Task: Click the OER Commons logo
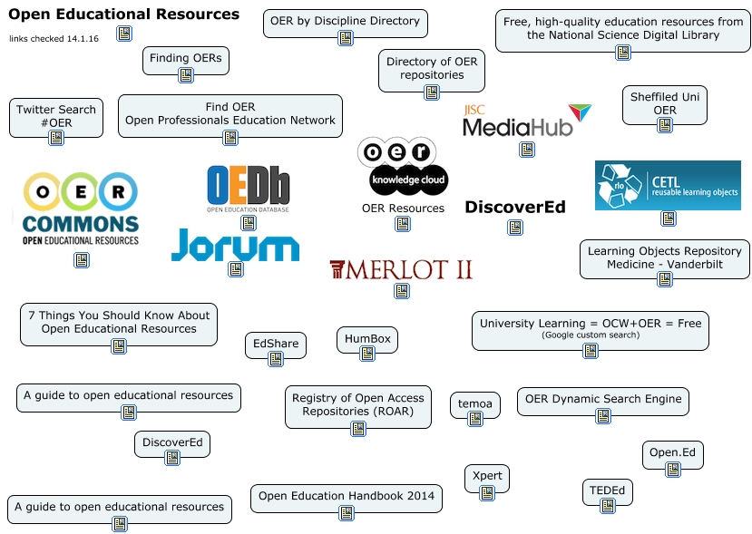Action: pyautogui.click(x=81, y=209)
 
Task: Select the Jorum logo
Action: pyautogui.click(x=235, y=245)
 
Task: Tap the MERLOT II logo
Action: pyautogui.click(x=400, y=269)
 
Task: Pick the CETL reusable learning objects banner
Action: pyautogui.click(x=667, y=185)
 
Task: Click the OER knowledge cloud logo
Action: pyautogui.click(x=403, y=167)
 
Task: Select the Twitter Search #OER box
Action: pyautogui.click(x=55, y=116)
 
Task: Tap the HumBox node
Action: pyautogui.click(x=367, y=339)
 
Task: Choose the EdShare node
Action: pyautogui.click(x=276, y=345)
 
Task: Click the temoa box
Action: pyautogui.click(x=474, y=403)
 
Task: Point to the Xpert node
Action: pyautogui.click(x=487, y=477)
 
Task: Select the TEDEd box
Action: pyautogui.click(x=607, y=490)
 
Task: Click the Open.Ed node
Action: pyautogui.click(x=672, y=452)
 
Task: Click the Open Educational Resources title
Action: pyautogui.click(x=124, y=15)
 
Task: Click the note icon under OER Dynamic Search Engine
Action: pyautogui.click(x=603, y=416)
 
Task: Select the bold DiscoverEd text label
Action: pyautogui.click(x=514, y=208)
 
